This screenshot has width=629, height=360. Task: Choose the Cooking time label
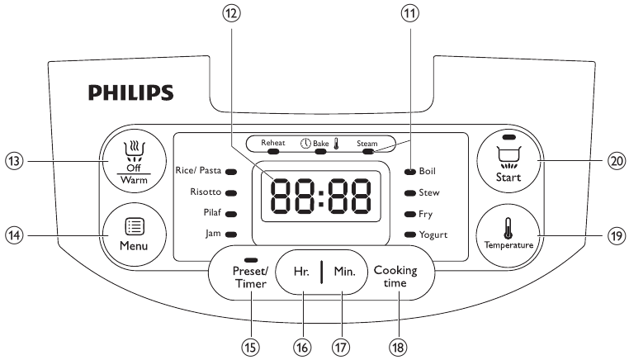tap(395, 275)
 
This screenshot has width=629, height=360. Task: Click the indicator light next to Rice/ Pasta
tap(231, 172)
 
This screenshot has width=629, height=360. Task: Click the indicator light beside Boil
tap(409, 172)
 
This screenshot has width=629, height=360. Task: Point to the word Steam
tap(367, 143)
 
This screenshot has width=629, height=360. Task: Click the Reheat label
tap(273, 143)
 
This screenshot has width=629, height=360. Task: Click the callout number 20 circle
tap(615, 162)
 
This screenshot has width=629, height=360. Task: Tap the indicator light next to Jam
tap(231, 234)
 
